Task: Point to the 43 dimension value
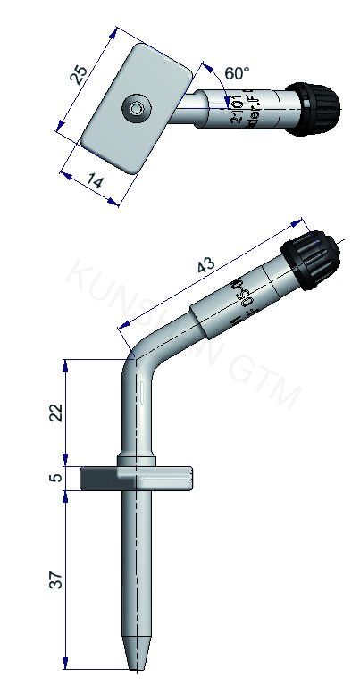coord(206,265)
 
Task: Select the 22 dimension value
coord(56,413)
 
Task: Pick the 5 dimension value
coord(56,478)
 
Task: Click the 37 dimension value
coord(56,580)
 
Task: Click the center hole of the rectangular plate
coord(136,109)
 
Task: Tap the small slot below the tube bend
coord(141,393)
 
